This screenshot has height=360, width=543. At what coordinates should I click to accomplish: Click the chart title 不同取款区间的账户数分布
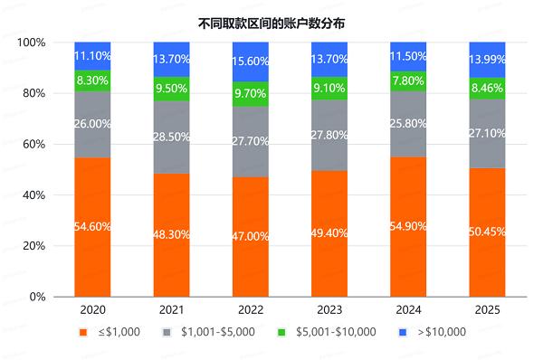(271, 20)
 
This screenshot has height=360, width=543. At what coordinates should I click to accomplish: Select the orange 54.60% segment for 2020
(92, 226)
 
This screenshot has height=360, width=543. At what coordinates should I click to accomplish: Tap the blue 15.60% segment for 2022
(250, 62)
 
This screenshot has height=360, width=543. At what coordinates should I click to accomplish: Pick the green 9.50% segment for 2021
(171, 89)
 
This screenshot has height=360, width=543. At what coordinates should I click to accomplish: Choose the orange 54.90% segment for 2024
(407, 226)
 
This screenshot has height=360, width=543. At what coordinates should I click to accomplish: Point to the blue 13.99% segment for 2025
(486, 60)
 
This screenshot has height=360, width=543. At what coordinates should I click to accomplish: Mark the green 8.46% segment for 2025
(486, 88)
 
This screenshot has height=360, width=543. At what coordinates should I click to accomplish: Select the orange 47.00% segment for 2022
(250, 236)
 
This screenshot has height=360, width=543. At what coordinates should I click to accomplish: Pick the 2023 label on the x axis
(329, 310)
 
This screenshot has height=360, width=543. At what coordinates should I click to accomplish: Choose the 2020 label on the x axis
(92, 310)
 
